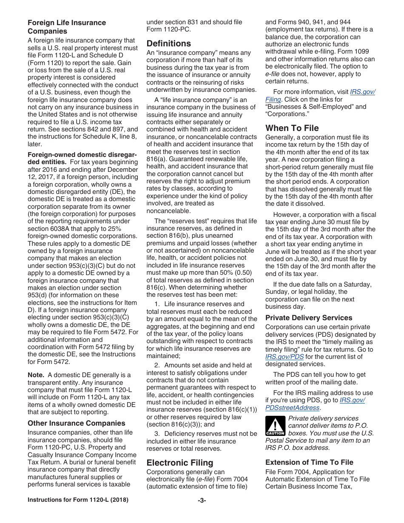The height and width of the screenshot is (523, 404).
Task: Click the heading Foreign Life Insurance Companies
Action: click(x=67, y=27)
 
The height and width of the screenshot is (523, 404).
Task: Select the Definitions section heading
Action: click(x=169, y=43)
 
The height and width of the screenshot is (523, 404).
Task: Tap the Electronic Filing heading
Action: click(x=180, y=463)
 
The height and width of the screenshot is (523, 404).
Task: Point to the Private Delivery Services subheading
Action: click(x=309, y=318)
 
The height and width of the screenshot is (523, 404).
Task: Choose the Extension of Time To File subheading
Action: click(x=309, y=462)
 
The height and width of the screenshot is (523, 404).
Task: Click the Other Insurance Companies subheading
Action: click(x=77, y=423)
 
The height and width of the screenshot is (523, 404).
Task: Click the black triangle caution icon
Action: click(x=275, y=426)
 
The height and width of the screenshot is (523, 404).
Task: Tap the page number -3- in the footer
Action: click(x=202, y=500)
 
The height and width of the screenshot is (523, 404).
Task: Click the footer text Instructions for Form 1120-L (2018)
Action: click(x=78, y=500)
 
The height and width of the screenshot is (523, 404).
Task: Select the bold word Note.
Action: click(x=36, y=375)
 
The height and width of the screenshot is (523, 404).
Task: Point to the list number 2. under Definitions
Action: click(x=157, y=365)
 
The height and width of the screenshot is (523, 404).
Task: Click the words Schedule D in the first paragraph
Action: click(x=108, y=55)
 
